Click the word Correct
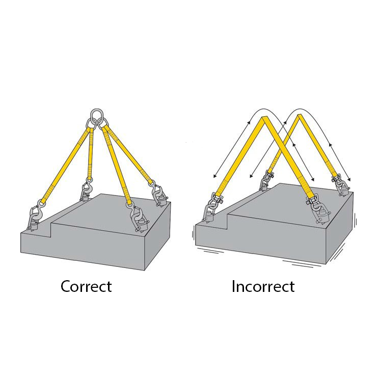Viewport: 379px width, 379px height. [x=86, y=286]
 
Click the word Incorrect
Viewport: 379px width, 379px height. [x=263, y=286]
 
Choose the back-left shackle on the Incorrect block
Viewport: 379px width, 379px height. [x=269, y=175]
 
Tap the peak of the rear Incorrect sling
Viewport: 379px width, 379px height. [x=300, y=115]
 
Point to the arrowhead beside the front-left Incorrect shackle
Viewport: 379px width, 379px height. [x=214, y=176]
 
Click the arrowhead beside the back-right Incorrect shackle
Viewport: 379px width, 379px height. [x=349, y=179]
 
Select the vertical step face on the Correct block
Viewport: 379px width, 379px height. [x=51, y=230]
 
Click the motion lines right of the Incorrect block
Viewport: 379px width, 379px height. [x=356, y=219]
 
